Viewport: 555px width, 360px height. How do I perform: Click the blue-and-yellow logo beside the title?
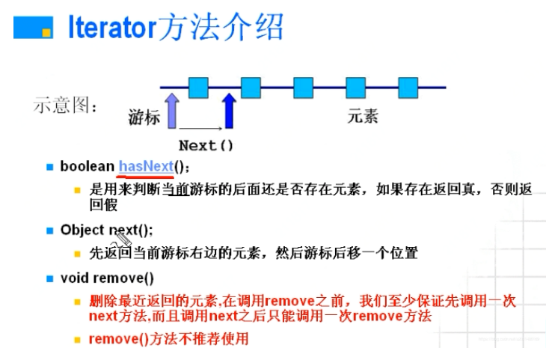pos(34,28)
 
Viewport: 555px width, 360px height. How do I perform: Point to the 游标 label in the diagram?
pos(144,118)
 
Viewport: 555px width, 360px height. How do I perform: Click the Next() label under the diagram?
pos(206,145)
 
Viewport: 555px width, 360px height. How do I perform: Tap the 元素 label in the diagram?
pos(363,118)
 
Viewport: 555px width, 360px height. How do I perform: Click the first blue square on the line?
pos(198,88)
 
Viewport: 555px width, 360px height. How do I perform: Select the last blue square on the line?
pos(408,88)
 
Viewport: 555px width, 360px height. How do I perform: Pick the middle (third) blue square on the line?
pos(303,88)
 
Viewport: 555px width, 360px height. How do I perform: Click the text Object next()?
pos(106,231)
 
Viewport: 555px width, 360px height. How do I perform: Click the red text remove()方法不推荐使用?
pos(168,338)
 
